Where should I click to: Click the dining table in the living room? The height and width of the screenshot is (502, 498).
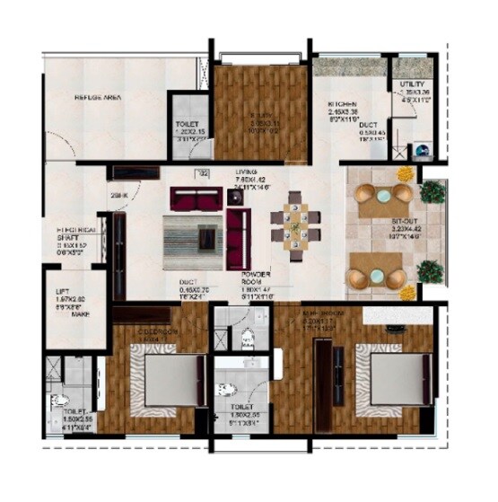click(295, 222)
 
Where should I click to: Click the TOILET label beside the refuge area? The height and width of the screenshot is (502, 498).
click(186, 125)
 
